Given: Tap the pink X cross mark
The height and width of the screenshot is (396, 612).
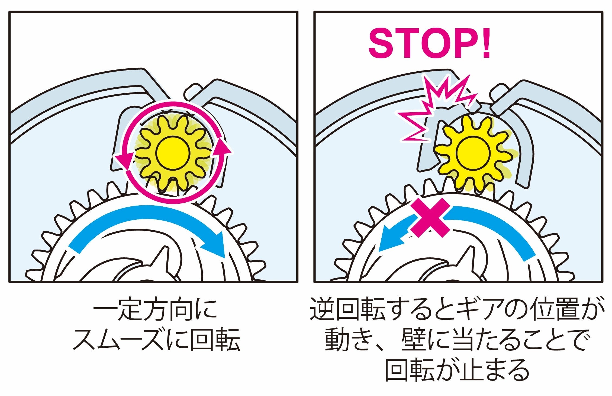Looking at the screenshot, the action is [x=430, y=218].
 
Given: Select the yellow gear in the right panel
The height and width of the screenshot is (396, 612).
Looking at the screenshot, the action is [x=473, y=152].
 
